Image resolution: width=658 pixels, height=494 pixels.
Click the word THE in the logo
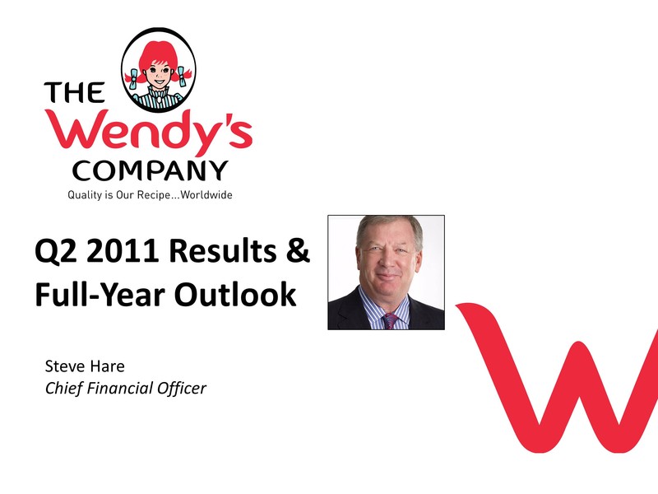click(x=74, y=92)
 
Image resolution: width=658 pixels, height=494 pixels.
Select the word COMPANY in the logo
click(x=150, y=171)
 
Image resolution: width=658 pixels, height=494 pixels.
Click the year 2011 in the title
click(x=123, y=250)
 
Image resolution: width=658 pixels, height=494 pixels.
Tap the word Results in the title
click(x=223, y=250)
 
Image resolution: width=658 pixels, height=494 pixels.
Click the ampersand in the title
click(x=298, y=250)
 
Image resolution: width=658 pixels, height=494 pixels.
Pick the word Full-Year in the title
click(x=100, y=294)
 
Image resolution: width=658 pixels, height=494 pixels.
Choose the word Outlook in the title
click(x=235, y=294)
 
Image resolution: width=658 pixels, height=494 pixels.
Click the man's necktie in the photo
click(x=390, y=321)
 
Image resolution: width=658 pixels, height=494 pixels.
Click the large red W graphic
click(x=558, y=378)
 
